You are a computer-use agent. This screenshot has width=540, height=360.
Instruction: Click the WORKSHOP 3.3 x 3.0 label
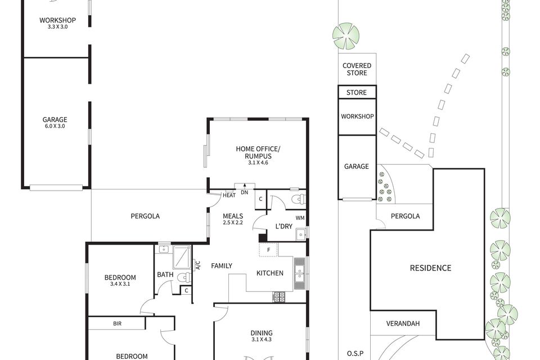tap(57, 23)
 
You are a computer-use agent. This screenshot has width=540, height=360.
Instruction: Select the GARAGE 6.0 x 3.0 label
tap(55, 123)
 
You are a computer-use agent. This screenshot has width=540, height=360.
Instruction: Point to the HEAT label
tap(229, 195)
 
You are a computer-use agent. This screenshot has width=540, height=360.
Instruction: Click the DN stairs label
tap(244, 193)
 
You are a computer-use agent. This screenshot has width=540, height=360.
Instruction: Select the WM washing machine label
tap(300, 217)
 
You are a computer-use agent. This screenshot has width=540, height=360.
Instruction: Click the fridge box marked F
tap(269, 249)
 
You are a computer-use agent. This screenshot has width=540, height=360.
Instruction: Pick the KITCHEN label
tap(270, 273)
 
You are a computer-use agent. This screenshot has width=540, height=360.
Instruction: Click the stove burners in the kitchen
tap(280, 296)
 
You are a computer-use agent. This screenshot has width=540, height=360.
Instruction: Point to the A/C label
tap(198, 265)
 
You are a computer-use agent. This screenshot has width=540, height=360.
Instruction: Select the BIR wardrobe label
tap(117, 323)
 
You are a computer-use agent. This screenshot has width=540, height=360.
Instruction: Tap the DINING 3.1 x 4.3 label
tap(261, 336)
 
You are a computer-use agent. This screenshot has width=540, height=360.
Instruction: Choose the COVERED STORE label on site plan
tap(357, 69)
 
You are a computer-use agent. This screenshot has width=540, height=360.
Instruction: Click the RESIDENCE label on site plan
tap(430, 268)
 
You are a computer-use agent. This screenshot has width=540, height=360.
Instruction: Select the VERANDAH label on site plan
tap(403, 324)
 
